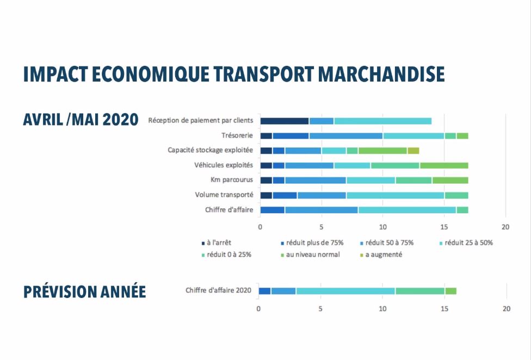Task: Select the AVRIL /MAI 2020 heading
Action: pos(81,120)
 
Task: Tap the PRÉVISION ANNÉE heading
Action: pos(84,291)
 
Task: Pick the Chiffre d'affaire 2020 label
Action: pos(218,291)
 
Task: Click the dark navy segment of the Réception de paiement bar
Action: pos(284,121)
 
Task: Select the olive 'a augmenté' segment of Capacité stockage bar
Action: pos(413,151)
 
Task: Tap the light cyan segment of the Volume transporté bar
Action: pos(395,195)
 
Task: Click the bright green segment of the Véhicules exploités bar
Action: pos(444,165)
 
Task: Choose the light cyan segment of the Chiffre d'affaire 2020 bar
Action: pos(345,291)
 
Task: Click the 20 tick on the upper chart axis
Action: pos(505,226)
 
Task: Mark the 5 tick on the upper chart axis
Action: pos(322,226)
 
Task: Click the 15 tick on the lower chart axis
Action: pos(444,308)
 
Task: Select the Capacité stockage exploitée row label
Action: pos(211,150)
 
